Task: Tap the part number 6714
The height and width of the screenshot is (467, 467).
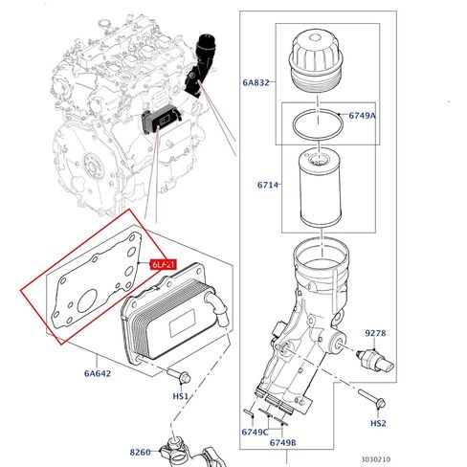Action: tap(267, 185)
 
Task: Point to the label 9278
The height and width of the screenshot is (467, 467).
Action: tap(374, 333)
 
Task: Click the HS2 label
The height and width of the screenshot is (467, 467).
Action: tap(379, 422)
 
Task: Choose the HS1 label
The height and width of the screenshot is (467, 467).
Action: tap(180, 395)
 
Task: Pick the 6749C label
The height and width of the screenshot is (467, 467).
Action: tap(254, 432)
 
